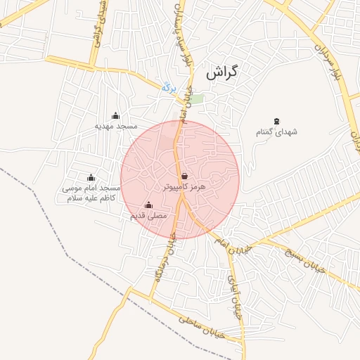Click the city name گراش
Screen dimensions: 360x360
pyautogui.click(x=223, y=72)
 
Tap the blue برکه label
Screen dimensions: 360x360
pyautogui.click(x=168, y=87)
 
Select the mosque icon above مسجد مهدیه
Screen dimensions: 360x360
pyautogui.click(x=116, y=115)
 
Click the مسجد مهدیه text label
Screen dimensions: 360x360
pyautogui.click(x=116, y=126)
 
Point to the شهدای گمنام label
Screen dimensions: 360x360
pyautogui.click(x=276, y=131)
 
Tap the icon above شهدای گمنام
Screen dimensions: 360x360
pyautogui.click(x=276, y=122)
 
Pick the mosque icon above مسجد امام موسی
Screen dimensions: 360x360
pyautogui.click(x=91, y=177)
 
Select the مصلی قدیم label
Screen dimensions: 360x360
pyautogui.click(x=148, y=215)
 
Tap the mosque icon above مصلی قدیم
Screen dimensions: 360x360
pyautogui.click(x=148, y=205)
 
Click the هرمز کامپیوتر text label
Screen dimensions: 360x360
pyautogui.click(x=184, y=187)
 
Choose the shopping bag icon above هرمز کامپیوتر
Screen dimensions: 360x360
pyautogui.click(x=184, y=176)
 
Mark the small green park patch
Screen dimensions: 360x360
pyautogui.click(x=198, y=99)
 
